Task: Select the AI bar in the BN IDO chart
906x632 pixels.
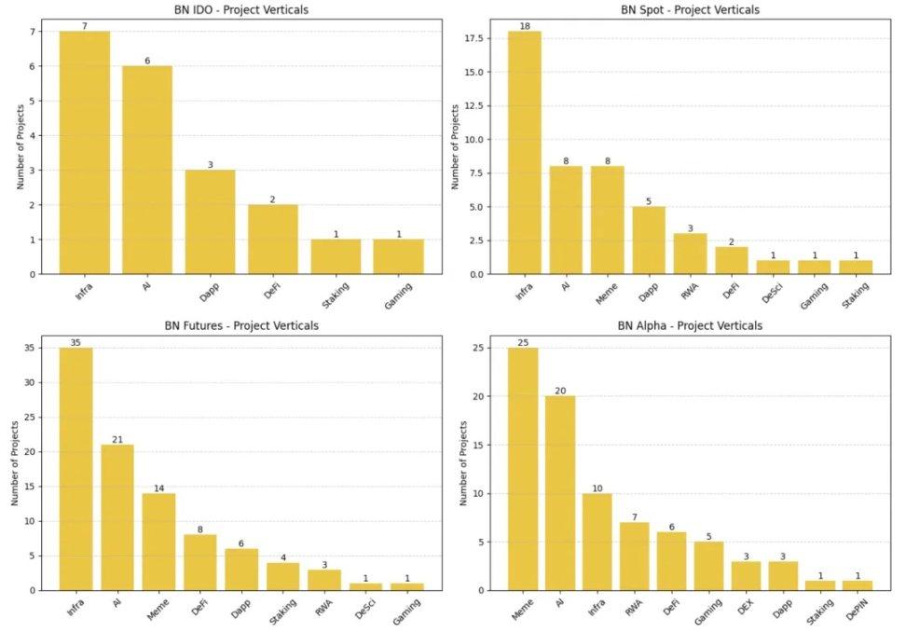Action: (147, 170)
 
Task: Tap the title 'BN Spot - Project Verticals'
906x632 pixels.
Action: (690, 10)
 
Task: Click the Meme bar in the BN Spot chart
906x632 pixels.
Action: (606, 220)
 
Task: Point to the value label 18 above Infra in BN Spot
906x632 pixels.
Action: (524, 25)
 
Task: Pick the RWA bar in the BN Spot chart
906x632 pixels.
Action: (690, 254)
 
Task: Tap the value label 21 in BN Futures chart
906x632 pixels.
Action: (117, 438)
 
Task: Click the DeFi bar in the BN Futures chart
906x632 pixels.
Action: (199, 562)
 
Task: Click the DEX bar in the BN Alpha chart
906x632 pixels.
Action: (746, 575)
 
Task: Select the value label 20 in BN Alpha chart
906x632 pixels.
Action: (560, 390)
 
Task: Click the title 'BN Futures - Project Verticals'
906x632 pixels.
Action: (240, 326)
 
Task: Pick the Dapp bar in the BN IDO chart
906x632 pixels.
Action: (210, 222)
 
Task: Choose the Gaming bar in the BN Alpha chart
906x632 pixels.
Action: (708, 566)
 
